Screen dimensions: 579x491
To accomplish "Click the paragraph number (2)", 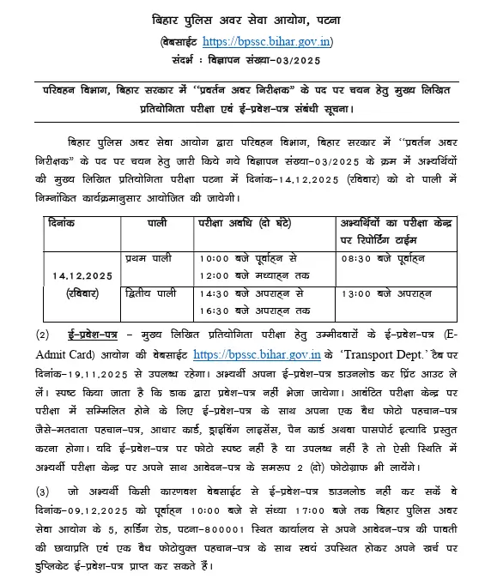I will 44,334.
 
